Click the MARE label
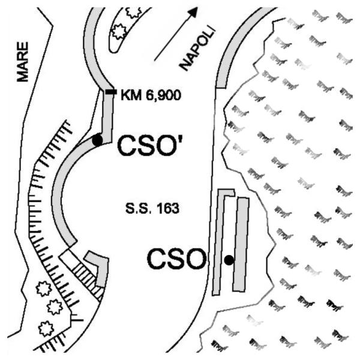(23, 62)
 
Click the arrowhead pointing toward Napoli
(193, 12)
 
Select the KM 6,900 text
(151, 95)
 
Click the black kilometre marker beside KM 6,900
(111, 92)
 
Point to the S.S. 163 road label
(152, 209)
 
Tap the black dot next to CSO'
(97, 140)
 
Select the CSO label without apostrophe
(176, 259)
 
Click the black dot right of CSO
(229, 260)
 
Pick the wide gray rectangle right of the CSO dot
(241, 245)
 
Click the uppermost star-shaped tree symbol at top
(133, 12)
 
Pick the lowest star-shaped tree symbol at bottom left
(46, 329)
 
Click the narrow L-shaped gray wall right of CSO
(220, 241)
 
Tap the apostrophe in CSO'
(176, 139)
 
